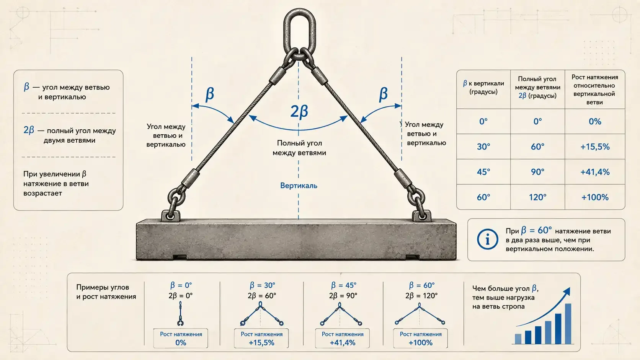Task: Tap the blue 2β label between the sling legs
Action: point(299,111)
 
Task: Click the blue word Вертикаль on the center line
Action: point(299,186)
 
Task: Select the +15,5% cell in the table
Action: point(595,147)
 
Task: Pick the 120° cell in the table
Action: point(537,197)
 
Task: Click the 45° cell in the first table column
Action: point(483,172)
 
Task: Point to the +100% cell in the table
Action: point(595,197)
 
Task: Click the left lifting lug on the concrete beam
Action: point(171,216)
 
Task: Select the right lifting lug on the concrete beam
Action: point(422,216)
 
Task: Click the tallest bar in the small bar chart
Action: point(568,324)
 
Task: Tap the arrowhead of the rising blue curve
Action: point(567,292)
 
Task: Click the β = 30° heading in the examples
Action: point(262,285)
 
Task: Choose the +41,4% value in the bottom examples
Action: point(342,342)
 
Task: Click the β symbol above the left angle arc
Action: point(210,94)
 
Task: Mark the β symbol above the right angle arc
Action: point(383,94)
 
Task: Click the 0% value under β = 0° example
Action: point(181,342)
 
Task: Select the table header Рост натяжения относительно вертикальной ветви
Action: point(594,90)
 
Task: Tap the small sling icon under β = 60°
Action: point(420,314)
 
